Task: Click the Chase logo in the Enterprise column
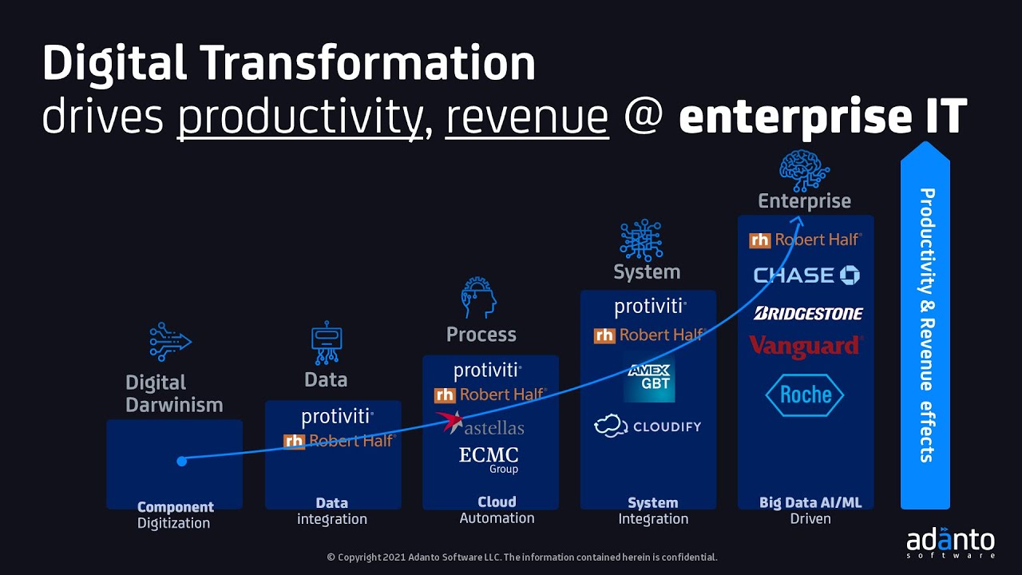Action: [806, 276]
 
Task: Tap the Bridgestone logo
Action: [808, 314]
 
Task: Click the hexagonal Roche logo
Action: [805, 395]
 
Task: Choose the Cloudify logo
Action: [648, 426]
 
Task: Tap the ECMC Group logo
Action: [489, 458]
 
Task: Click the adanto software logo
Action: [950, 541]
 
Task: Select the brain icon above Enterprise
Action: [804, 170]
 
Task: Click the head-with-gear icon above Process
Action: [479, 299]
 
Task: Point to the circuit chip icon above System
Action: [640, 240]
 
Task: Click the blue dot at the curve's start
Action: [182, 461]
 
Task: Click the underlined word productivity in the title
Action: [299, 117]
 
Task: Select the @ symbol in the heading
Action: [644, 117]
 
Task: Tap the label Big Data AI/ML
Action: [810, 502]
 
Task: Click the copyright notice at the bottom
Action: [522, 557]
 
